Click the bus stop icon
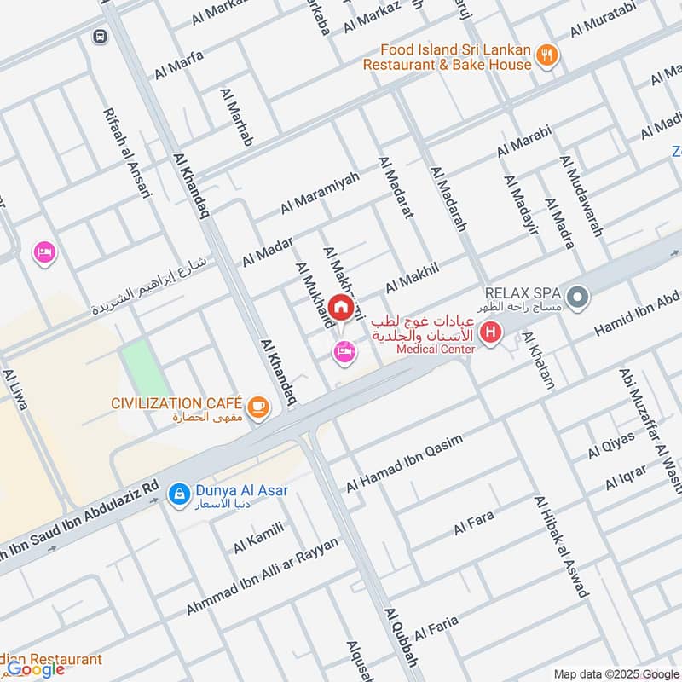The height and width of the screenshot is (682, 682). click(101, 37)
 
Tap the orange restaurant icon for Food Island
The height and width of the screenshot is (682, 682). click(547, 57)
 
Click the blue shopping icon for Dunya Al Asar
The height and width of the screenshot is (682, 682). click(178, 493)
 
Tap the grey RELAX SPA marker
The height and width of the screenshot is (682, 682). click(579, 298)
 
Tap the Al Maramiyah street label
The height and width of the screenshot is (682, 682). click(320, 194)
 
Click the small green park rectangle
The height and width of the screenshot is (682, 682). click(145, 367)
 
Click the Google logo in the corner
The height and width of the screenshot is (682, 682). click(36, 669)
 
